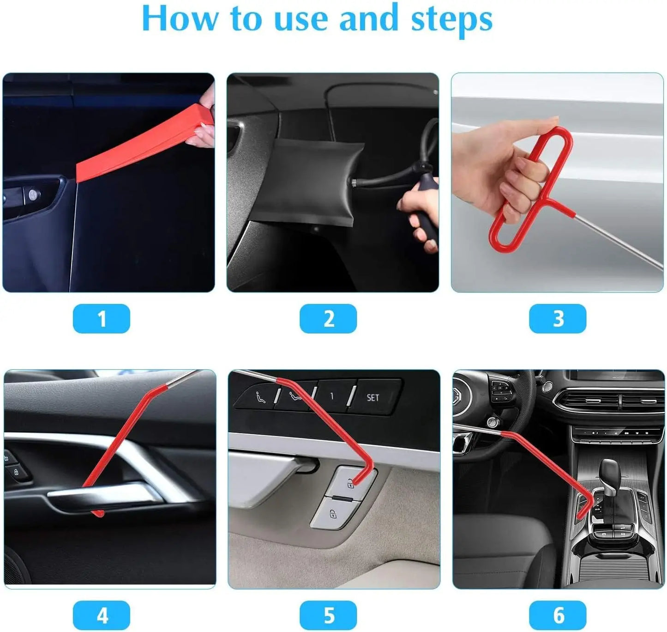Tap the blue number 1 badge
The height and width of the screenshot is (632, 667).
pyautogui.click(x=102, y=319)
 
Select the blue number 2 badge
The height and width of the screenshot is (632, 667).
pyautogui.click(x=328, y=319)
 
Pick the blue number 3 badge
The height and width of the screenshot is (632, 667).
pyautogui.click(x=558, y=319)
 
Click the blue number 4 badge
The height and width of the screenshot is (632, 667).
pyautogui.click(x=102, y=615)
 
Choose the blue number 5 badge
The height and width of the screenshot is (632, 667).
pyautogui.click(x=328, y=615)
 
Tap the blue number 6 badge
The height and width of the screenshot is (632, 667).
pyautogui.click(x=558, y=615)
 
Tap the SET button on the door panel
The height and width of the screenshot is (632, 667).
pyautogui.click(x=373, y=397)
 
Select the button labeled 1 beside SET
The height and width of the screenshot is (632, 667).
pyautogui.click(x=332, y=396)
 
